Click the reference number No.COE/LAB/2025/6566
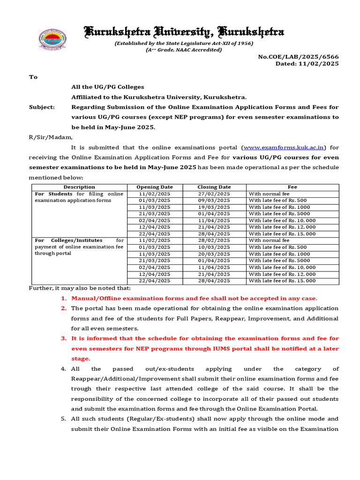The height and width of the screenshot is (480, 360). point(298,57)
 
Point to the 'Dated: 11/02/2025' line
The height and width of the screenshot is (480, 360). point(307,64)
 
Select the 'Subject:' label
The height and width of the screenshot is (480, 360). point(42,107)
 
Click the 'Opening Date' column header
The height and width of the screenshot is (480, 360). point(154,187)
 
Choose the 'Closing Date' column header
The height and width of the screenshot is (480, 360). point(214,187)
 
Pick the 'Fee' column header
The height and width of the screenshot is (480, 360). point(292,187)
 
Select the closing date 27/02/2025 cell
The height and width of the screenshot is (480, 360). point(214,194)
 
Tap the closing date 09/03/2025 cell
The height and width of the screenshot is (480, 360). point(214,200)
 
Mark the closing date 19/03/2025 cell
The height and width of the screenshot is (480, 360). point(214,207)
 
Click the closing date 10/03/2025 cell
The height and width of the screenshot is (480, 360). point(214,247)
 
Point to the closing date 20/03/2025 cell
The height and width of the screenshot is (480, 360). point(214,254)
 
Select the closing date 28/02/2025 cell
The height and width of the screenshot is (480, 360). point(214,240)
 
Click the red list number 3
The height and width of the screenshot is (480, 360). point(63,338)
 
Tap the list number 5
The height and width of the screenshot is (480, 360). point(63,419)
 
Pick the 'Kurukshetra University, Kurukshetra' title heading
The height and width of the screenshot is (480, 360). point(183,32)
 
